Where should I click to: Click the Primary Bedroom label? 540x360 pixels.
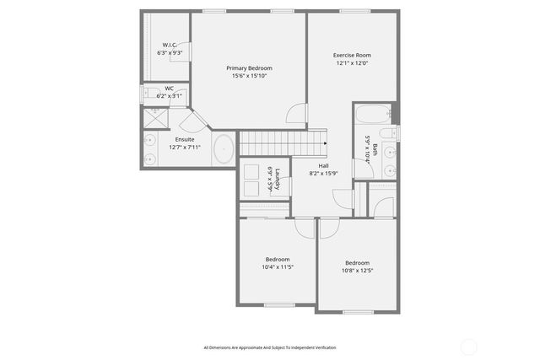pyautogui.click(x=249, y=68)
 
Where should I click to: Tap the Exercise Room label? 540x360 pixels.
pyautogui.click(x=352, y=56)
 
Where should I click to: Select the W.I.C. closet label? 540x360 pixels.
pyautogui.click(x=170, y=45)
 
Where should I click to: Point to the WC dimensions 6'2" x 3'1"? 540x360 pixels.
pyautogui.click(x=170, y=96)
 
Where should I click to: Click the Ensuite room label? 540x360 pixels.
pyautogui.click(x=184, y=139)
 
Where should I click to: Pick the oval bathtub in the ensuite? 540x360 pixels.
pyautogui.click(x=224, y=150)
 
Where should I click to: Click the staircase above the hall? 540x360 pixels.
pyautogui.click(x=283, y=142)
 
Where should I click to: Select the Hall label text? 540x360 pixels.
pyautogui.click(x=323, y=165)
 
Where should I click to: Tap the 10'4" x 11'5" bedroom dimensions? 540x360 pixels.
pyautogui.click(x=278, y=267)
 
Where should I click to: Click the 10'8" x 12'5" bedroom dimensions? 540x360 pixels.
pyautogui.click(x=357, y=271)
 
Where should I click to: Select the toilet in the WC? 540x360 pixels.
pyautogui.click(x=149, y=94)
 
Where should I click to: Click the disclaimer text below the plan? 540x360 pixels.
pyautogui.click(x=269, y=347)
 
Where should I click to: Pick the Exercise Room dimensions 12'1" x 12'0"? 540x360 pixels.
pyautogui.click(x=352, y=63)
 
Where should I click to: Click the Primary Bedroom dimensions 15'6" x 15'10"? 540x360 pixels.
pyautogui.click(x=249, y=76)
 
